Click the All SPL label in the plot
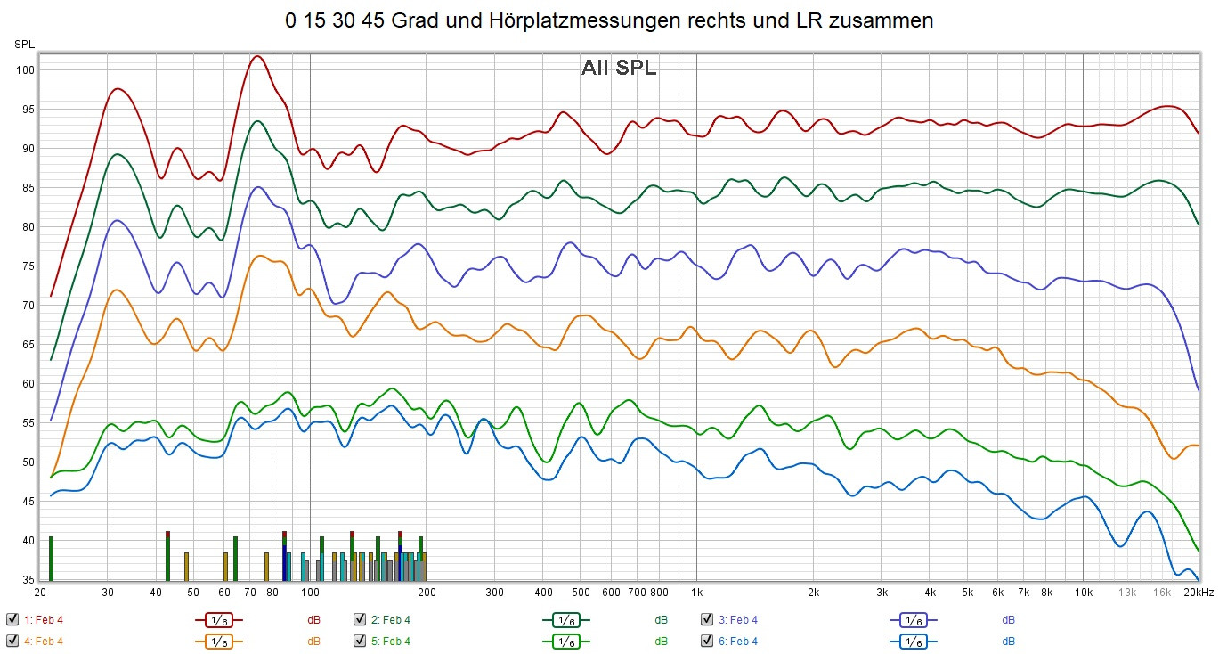click(619, 68)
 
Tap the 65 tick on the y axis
click(26, 345)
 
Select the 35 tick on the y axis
click(26, 580)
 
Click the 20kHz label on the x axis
click(1198, 593)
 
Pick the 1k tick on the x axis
click(696, 593)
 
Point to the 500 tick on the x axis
click(581, 593)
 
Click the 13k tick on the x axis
click(1127, 593)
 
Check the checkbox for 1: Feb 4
click(12, 619)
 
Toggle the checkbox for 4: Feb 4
click(12, 641)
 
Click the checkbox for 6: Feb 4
click(707, 641)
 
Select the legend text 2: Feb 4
click(391, 619)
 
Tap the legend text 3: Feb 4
click(738, 619)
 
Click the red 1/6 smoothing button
click(218, 619)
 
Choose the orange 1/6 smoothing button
click(218, 641)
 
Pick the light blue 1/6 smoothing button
click(913, 641)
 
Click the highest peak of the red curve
click(256, 56)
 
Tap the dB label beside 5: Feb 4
click(661, 641)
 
